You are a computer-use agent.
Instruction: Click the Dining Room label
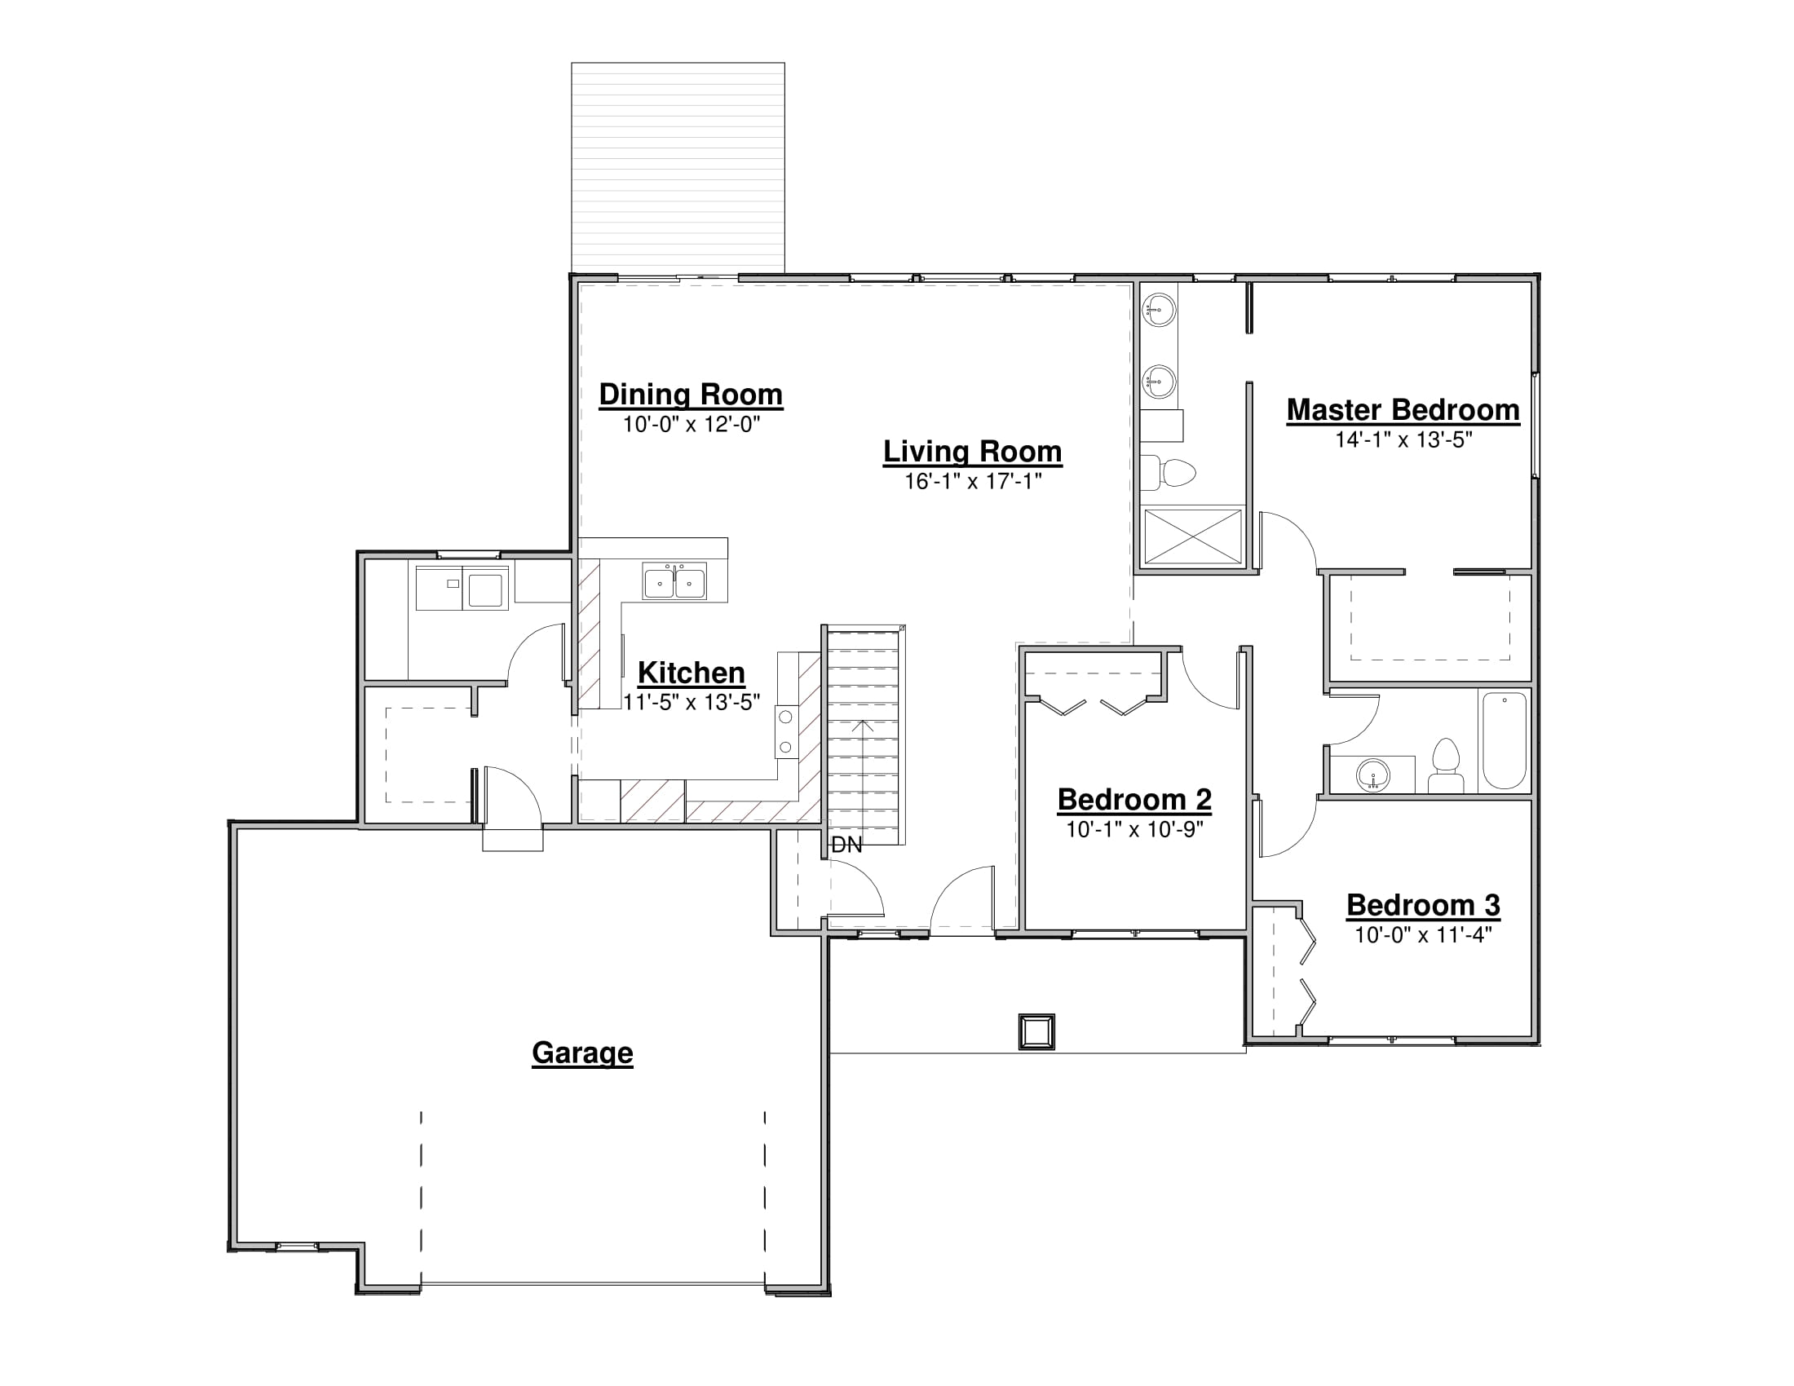[x=690, y=395]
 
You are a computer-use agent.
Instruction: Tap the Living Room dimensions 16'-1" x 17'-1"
[x=973, y=481]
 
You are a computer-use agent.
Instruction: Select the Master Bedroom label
[x=1403, y=410]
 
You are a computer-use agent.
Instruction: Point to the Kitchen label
[x=691, y=673]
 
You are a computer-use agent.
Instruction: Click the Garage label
[x=582, y=1053]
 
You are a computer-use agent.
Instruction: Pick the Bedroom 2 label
[x=1134, y=799]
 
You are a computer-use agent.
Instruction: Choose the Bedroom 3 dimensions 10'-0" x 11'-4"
[x=1423, y=935]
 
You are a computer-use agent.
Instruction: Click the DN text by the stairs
[x=847, y=845]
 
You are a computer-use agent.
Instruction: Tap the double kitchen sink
[x=674, y=582]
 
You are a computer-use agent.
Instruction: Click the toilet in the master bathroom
[x=1168, y=472]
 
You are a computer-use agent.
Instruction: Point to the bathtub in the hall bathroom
[x=1504, y=739]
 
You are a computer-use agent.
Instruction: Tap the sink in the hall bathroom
[x=1372, y=775]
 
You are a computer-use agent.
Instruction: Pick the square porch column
[x=1036, y=1032]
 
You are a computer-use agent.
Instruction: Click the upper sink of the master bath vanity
[x=1159, y=311]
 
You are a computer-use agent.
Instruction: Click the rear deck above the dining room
[x=678, y=167]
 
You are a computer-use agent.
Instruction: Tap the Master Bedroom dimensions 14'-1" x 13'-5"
[x=1403, y=440]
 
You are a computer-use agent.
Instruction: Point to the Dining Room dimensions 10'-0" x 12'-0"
[x=691, y=425]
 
